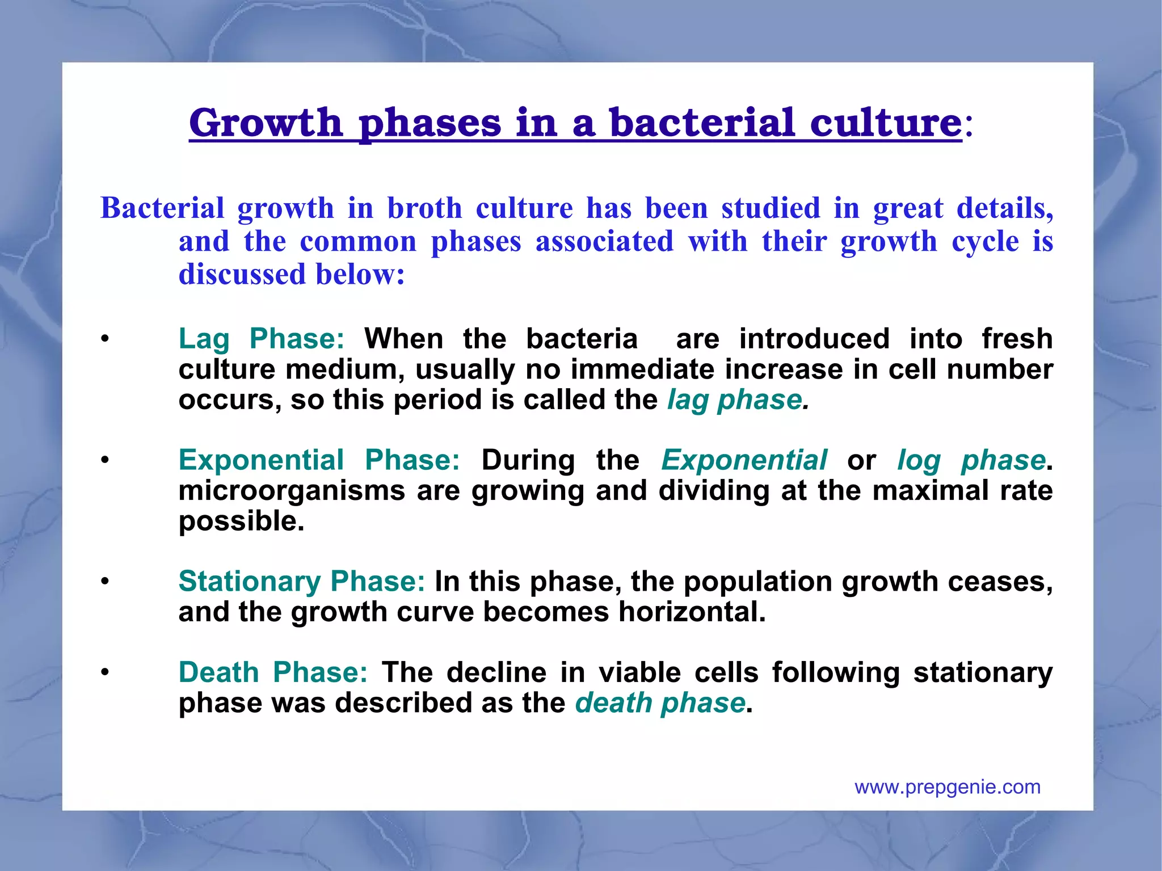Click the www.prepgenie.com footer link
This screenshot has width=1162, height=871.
(947, 787)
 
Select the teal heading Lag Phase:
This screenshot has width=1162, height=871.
(261, 339)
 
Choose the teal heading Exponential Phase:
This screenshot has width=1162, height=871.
(319, 460)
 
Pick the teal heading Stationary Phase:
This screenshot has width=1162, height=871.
(301, 581)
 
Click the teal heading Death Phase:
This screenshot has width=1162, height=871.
(273, 672)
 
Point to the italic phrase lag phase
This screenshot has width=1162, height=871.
(735, 399)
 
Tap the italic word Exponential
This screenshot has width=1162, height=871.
(744, 460)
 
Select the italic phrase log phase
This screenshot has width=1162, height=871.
(971, 460)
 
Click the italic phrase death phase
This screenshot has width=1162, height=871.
(659, 703)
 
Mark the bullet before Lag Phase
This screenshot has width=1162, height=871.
(104, 340)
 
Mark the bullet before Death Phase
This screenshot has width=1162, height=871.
(104, 673)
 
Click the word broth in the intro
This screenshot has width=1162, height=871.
(424, 208)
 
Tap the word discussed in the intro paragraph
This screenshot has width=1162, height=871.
(242, 274)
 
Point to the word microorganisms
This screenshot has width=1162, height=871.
(292, 490)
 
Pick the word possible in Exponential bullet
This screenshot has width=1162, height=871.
(241, 521)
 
